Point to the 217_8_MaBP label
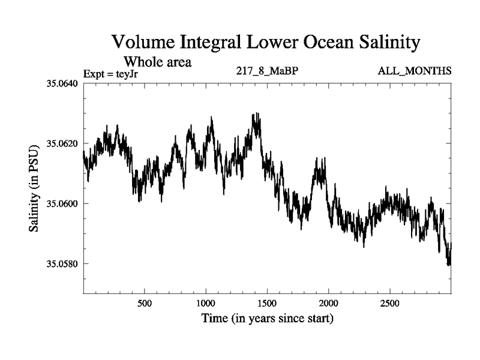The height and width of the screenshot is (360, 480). pos(268,71)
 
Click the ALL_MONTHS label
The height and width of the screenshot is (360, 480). pos(415,71)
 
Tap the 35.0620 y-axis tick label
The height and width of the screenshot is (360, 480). pos(62,143)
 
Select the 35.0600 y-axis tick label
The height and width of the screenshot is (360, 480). pos(62,204)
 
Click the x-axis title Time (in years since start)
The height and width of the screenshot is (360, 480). pos(267,318)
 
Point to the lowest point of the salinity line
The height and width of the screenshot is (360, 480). pos(448,265)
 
